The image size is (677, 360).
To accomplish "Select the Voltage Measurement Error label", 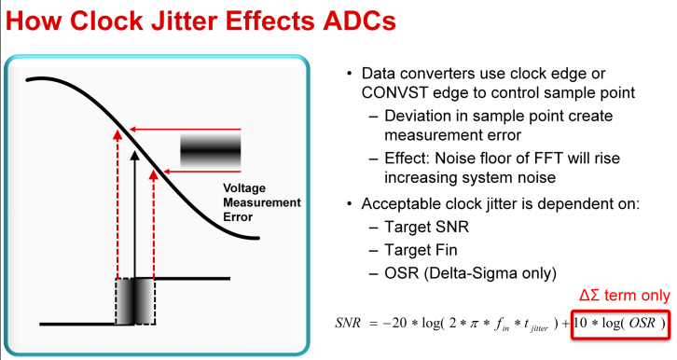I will (x=261, y=202).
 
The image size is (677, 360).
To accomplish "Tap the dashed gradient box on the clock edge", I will (x=137, y=299).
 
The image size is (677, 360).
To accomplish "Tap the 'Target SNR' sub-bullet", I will (x=419, y=228).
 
